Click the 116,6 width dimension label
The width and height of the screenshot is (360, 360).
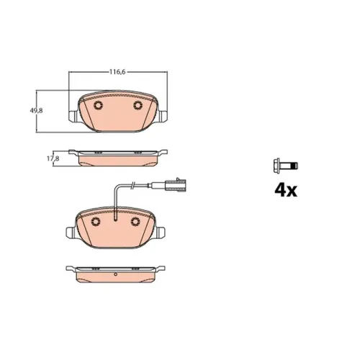(x=117, y=72)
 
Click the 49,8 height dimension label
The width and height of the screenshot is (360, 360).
(x=36, y=111)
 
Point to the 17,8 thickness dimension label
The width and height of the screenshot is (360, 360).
(x=53, y=158)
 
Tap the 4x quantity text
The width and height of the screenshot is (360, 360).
(x=286, y=190)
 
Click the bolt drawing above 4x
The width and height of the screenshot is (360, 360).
(x=286, y=166)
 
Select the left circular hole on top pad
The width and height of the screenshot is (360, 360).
(x=98, y=105)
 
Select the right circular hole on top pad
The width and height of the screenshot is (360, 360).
(x=138, y=105)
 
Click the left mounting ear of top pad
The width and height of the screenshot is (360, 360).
(x=73, y=116)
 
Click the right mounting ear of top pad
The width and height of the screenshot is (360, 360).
(x=163, y=116)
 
